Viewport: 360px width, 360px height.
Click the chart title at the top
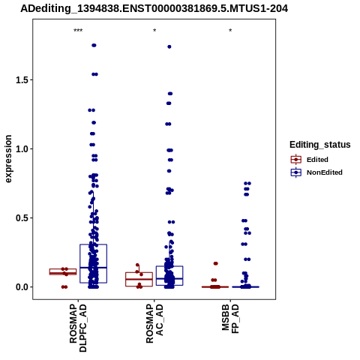[x=154, y=9]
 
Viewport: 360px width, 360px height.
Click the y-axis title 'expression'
[x=8, y=159]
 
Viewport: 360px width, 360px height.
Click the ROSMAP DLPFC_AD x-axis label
[x=78, y=328]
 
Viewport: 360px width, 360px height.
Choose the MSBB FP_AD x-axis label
[x=230, y=319]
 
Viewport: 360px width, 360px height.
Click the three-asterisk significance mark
[x=78, y=31]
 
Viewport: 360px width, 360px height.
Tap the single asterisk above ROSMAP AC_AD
[x=154, y=31]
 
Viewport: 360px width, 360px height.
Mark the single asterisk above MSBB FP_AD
[x=230, y=31]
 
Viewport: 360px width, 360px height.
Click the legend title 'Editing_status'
[x=320, y=145]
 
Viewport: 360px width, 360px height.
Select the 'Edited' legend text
[x=317, y=160]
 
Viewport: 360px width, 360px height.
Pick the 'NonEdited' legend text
[x=325, y=172]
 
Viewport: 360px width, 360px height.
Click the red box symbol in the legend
[x=296, y=160]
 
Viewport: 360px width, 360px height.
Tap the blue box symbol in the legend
[x=296, y=172]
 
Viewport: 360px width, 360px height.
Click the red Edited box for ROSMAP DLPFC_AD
[x=63, y=271]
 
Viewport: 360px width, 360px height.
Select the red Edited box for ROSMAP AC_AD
[x=139, y=279]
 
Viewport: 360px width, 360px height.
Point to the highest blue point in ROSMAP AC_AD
[x=169, y=46]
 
